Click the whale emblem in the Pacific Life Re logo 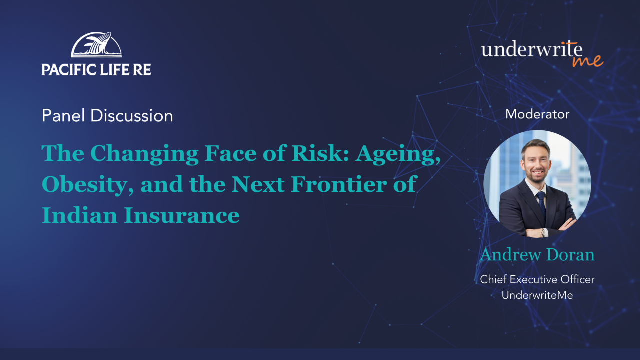(96, 44)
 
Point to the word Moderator (537, 114)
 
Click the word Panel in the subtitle (63, 115)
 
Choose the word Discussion (131, 115)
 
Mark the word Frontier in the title (339, 184)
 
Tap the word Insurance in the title (181, 215)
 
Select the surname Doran (570, 254)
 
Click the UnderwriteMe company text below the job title (537, 295)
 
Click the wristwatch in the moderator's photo (543, 233)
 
